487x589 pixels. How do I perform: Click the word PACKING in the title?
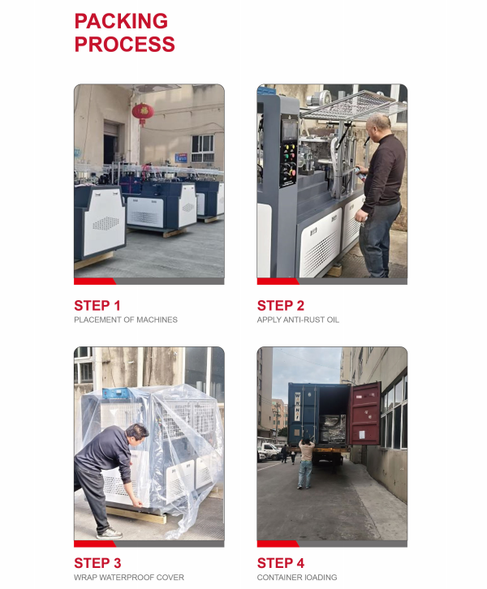121,21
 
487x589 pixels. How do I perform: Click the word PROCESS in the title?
125,45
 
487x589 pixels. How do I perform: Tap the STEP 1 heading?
97,306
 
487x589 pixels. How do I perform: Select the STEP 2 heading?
281,306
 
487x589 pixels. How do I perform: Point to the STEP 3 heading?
97,563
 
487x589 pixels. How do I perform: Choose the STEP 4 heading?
281,563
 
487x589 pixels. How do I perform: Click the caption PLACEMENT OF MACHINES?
126,320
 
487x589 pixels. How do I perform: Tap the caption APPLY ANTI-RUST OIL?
298,320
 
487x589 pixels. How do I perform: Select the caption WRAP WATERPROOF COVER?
129,577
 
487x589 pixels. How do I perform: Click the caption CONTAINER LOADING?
297,577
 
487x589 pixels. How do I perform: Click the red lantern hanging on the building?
143,113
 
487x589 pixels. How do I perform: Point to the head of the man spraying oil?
379,127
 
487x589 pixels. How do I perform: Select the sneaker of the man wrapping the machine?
110,533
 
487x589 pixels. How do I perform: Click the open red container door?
365,414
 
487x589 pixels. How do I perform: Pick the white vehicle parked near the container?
269,451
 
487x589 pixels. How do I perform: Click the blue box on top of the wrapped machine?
116,393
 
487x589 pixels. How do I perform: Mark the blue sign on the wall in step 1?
181,157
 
